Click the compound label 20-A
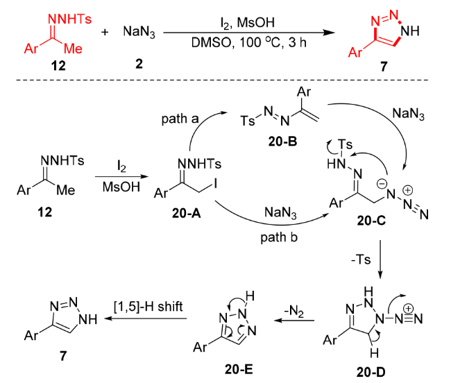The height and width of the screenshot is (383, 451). point(186,213)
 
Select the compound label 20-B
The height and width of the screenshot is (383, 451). point(282,141)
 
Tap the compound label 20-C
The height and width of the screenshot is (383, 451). point(371,221)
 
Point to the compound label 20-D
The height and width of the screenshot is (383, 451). point(371,373)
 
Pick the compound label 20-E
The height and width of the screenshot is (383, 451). point(239,369)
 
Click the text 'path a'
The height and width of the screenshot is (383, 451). point(180,119)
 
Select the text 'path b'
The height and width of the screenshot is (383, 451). point(279,237)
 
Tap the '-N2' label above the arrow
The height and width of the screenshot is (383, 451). point(293,312)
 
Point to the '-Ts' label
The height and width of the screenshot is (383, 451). point(361,259)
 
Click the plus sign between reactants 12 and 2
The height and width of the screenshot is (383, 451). point(105,32)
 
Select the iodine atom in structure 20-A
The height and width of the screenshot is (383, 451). point(214,183)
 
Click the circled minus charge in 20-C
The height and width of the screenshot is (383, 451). point(382,183)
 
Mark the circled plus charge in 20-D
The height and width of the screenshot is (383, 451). point(408,309)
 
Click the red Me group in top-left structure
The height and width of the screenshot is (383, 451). point(73,49)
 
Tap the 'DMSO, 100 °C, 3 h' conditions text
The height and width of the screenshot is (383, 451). point(249,43)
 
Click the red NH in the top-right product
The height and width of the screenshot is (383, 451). point(410,31)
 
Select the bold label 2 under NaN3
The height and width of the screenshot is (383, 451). point(139,64)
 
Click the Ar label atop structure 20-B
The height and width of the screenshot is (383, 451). point(304,92)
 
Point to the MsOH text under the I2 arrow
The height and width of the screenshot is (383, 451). point(121,187)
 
